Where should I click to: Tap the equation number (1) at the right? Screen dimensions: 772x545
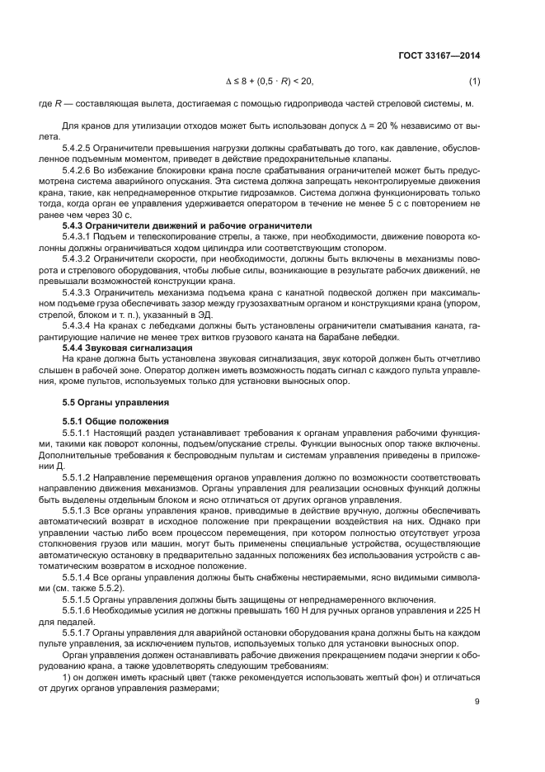point(474,81)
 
